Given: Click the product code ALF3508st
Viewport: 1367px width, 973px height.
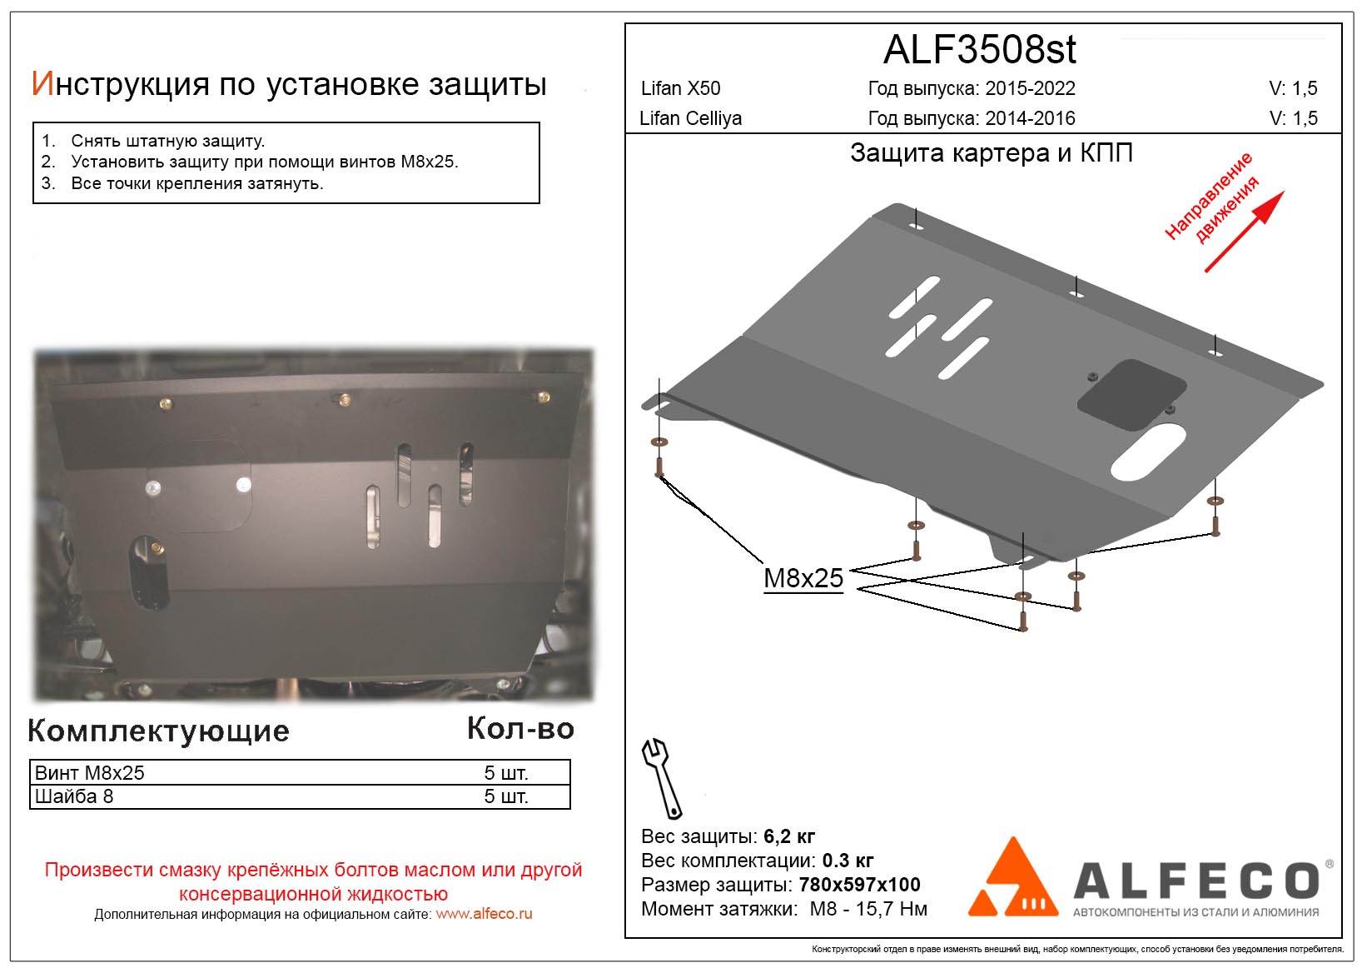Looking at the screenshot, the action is [x=979, y=50].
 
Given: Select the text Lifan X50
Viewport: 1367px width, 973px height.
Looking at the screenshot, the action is [x=680, y=88].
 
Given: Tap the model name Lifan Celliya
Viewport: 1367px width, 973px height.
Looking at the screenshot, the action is [x=690, y=118].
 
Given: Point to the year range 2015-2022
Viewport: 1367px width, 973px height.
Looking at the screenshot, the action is [x=1030, y=88].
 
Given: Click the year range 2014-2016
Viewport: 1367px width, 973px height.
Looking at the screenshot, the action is [x=1030, y=118].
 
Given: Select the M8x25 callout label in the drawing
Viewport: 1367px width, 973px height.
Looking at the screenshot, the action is [x=803, y=578].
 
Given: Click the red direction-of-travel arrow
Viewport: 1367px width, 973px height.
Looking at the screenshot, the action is [x=1245, y=232].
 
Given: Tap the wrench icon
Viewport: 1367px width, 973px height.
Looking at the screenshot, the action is [x=661, y=778].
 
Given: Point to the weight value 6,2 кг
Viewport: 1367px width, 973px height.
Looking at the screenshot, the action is [x=788, y=836].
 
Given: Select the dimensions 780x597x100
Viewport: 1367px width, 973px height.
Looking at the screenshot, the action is [x=859, y=885].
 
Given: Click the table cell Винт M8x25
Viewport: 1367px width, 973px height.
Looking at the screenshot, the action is [x=89, y=773].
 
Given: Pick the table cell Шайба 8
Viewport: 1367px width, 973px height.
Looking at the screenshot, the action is [x=73, y=796].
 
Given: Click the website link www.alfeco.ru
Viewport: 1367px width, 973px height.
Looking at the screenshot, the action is [x=484, y=914].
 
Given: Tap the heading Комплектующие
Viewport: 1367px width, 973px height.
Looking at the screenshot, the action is [x=158, y=731].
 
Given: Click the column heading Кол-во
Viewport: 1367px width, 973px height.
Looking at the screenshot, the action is [x=520, y=729].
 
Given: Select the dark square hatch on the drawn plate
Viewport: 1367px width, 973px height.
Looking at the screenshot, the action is [x=1132, y=395].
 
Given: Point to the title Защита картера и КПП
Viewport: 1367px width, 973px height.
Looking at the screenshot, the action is [x=991, y=153].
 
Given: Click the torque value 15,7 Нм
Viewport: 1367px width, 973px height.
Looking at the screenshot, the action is [x=892, y=909].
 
